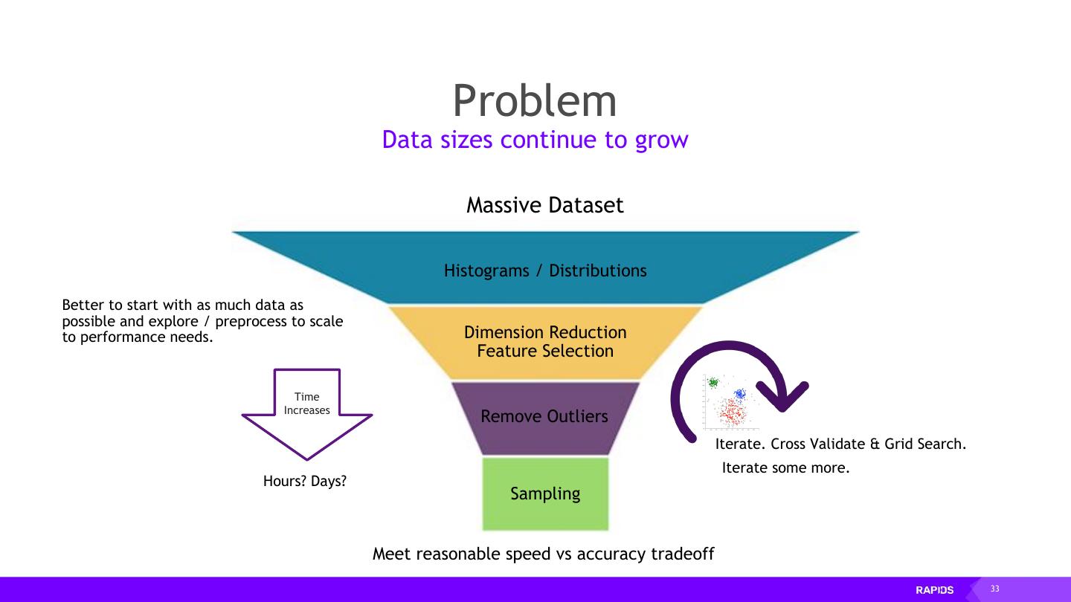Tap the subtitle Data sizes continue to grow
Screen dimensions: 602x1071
point(535,140)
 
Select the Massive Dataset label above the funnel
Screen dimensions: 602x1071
point(544,205)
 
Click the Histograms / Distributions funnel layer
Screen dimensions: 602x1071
point(545,271)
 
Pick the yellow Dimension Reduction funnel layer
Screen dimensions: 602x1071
point(545,332)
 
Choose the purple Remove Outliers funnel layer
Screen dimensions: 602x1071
point(544,416)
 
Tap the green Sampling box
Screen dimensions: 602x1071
point(545,493)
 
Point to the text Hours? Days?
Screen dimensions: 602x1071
point(305,482)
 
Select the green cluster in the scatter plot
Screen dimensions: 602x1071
point(713,383)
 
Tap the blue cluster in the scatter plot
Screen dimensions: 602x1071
point(739,394)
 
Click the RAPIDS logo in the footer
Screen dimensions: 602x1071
point(934,590)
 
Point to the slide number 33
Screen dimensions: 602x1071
point(994,589)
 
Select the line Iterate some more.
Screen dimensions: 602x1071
point(785,468)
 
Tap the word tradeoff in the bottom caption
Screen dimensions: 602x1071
point(682,554)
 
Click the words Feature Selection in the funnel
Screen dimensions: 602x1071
point(545,351)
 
